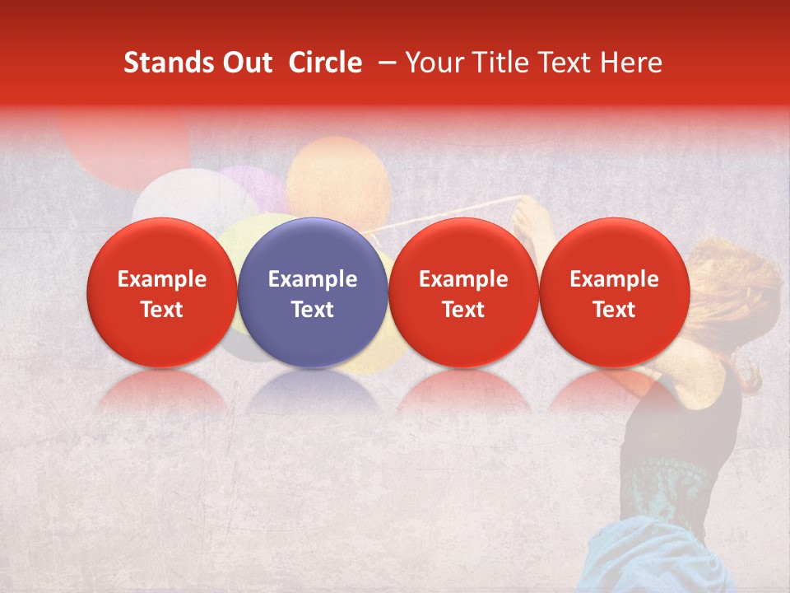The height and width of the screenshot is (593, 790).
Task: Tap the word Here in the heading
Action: coord(633,63)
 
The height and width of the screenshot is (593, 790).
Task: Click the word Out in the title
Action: coord(245,63)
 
